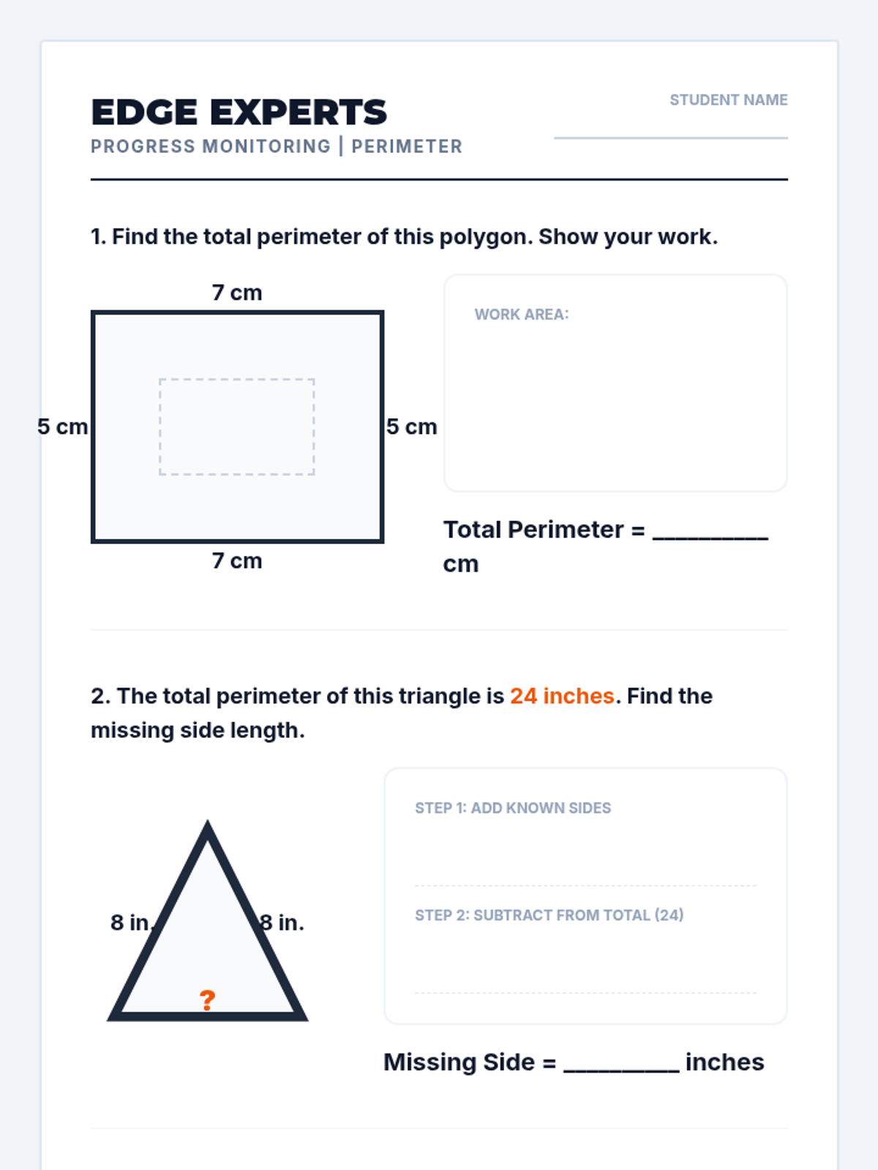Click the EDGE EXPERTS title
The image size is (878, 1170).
(x=239, y=113)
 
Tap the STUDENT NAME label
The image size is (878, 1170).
(x=728, y=100)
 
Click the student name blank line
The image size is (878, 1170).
(x=671, y=137)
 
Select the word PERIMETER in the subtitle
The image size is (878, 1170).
(x=407, y=146)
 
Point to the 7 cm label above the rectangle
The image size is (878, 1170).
(x=236, y=292)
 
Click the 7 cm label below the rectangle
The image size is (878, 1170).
(x=236, y=561)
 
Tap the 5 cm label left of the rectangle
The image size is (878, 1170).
(x=62, y=426)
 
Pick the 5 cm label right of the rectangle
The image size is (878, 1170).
(x=411, y=426)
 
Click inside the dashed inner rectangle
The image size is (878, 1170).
(x=236, y=426)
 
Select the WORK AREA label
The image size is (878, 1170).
(x=522, y=314)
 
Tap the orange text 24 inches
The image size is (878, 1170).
(x=562, y=696)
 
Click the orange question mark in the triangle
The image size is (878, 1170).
(x=207, y=1000)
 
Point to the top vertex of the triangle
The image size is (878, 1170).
(x=207, y=820)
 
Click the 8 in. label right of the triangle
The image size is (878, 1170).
(x=282, y=923)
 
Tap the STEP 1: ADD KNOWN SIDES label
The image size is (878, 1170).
(x=513, y=808)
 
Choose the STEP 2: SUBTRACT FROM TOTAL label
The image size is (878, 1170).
(x=549, y=916)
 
